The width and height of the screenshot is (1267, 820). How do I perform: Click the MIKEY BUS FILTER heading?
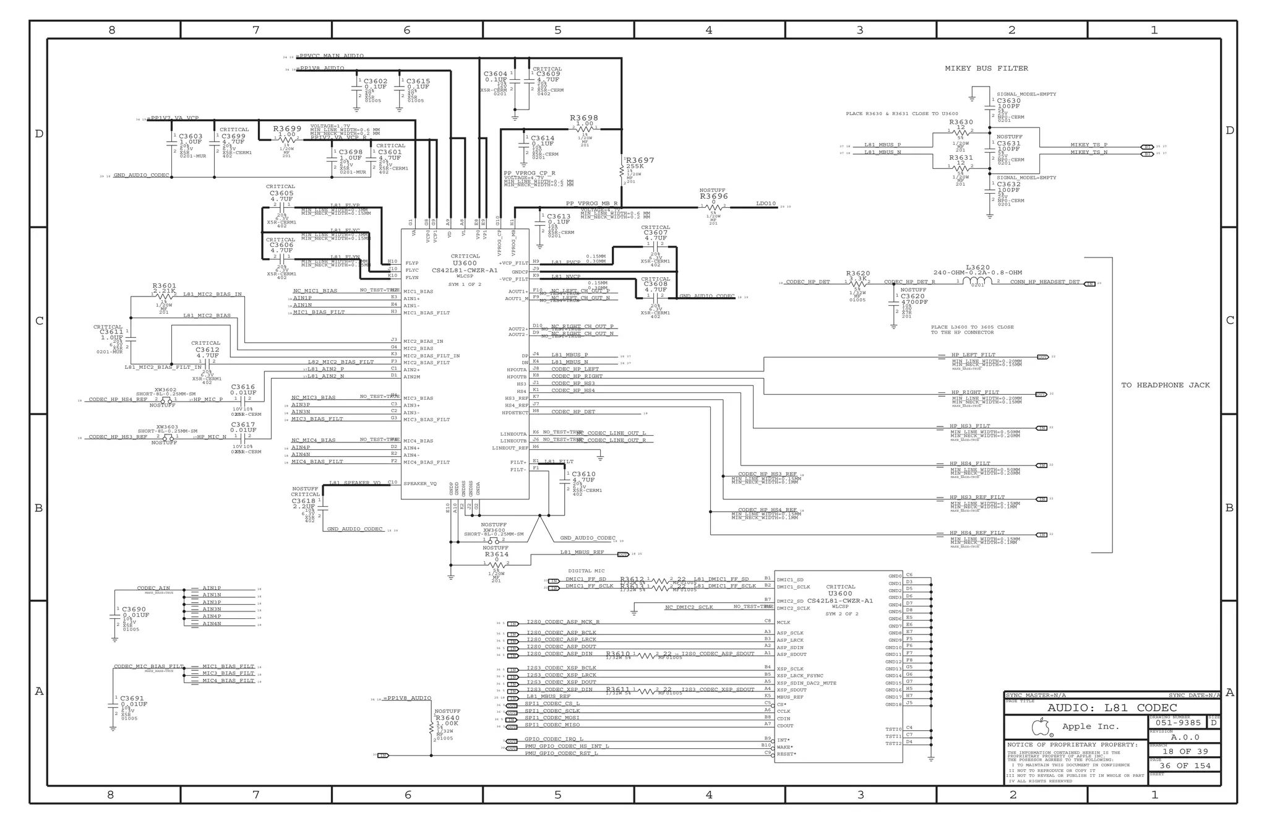point(986,69)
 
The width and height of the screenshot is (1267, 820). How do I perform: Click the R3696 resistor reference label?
point(714,196)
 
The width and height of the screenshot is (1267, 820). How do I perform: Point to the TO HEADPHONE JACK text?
point(1166,385)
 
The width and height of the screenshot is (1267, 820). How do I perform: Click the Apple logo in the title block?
point(1041,727)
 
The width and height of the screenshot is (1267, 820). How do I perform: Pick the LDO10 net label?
point(765,204)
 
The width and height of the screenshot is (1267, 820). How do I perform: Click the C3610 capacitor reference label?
point(584,474)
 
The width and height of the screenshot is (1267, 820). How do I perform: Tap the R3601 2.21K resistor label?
point(165,288)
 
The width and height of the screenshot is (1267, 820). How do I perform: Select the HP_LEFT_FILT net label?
point(973,355)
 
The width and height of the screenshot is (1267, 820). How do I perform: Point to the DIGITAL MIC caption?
point(586,571)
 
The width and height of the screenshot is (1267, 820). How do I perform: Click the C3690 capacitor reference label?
point(134,610)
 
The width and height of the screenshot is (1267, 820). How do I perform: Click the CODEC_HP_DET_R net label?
point(909,282)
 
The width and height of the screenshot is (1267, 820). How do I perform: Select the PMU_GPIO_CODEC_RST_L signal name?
point(561,753)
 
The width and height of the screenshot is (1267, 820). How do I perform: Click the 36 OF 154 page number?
point(1185,766)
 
